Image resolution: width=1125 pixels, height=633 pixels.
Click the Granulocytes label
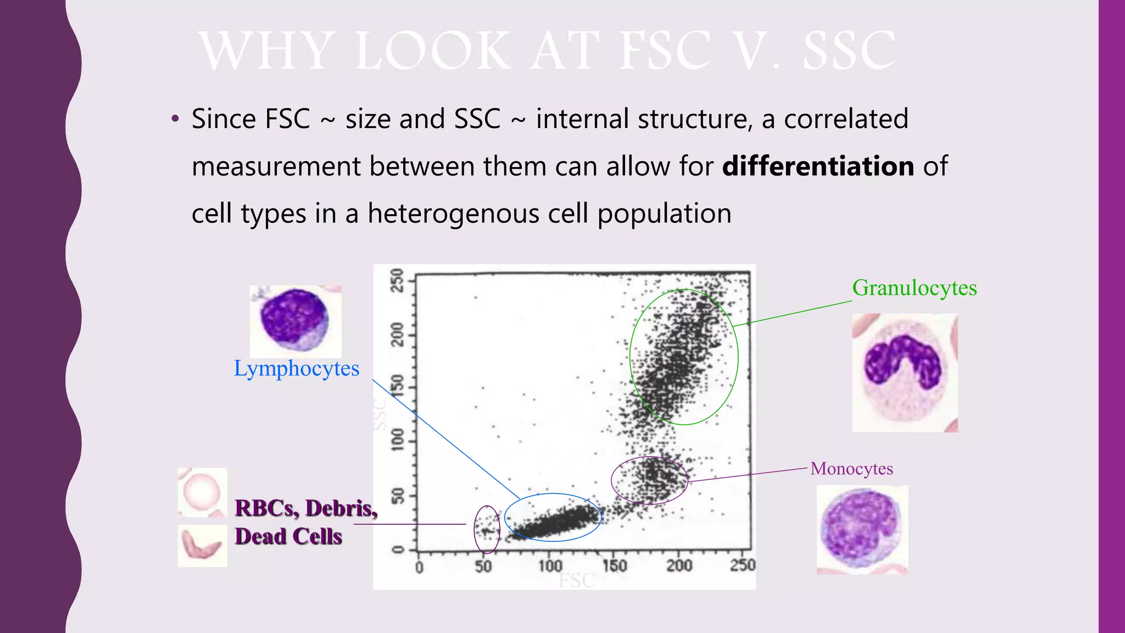tap(914, 288)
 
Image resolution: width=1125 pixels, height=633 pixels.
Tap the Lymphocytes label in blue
tap(296, 369)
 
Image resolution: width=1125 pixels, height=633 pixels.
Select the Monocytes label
tap(851, 469)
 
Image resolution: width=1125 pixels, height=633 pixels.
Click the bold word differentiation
tap(817, 166)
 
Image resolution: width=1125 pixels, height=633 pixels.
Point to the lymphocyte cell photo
tap(296, 321)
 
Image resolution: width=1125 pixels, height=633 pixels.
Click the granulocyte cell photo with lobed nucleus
tap(904, 373)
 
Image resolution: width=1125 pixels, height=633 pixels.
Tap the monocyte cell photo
tap(862, 530)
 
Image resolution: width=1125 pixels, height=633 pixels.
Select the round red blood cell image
tap(202, 492)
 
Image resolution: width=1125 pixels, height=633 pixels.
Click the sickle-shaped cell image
tap(202, 545)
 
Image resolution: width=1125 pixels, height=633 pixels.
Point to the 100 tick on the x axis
tap(550, 566)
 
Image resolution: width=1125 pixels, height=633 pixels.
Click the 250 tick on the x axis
tap(743, 565)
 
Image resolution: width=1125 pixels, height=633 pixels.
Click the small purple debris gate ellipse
tap(487, 530)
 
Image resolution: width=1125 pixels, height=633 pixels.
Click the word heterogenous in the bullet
tap(453, 213)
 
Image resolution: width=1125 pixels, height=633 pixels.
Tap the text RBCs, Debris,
tap(305, 508)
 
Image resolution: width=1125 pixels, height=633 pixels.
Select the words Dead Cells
tap(288, 536)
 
